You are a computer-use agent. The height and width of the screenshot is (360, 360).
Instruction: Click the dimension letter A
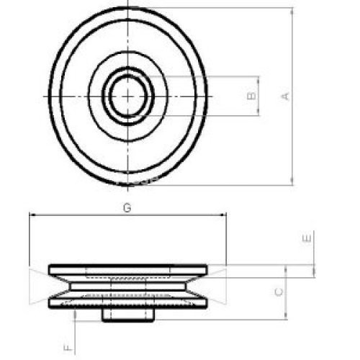(285, 96)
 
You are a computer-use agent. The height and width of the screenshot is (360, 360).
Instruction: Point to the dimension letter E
(307, 238)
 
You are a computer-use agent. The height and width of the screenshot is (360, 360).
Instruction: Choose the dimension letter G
(127, 207)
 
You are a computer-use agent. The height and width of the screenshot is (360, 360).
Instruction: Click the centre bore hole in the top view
(128, 96)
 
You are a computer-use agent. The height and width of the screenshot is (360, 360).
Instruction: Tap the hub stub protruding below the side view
(127, 315)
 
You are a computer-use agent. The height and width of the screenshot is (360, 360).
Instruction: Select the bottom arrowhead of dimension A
(292, 181)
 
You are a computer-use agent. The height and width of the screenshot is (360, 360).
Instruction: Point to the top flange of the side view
(127, 269)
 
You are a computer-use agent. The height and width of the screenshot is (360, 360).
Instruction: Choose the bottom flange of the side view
(127, 303)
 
